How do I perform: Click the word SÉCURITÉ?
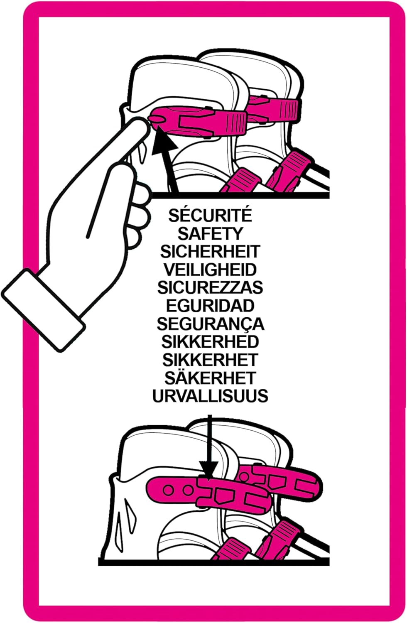[210, 216]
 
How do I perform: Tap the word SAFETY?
[210, 233]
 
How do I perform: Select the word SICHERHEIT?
[210, 252]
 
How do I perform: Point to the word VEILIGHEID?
[210, 270]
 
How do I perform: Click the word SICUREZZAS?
[210, 288]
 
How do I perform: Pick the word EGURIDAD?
[210, 306]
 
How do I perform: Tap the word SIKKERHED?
[210, 342]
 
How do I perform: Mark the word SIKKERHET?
[210, 360]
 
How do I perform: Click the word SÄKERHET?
[210, 377]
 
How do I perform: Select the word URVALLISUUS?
[210, 396]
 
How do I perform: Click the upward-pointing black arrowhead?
[164, 140]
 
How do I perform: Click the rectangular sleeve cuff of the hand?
[43, 310]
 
